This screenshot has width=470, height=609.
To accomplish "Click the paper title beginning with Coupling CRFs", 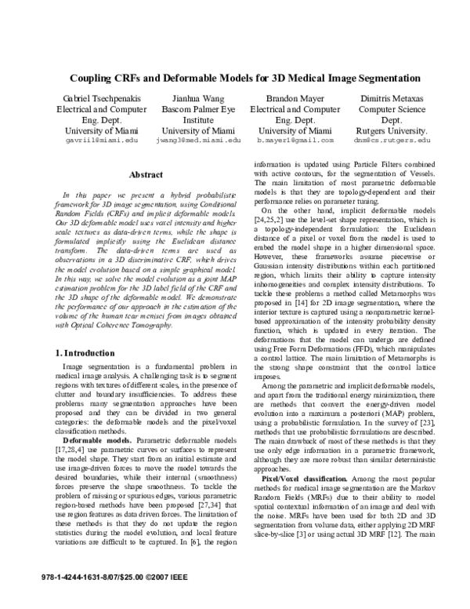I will click(235, 79).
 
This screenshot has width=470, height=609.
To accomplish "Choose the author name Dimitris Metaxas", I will click(392, 99).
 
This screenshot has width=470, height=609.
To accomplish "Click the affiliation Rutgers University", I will click(392, 130).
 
